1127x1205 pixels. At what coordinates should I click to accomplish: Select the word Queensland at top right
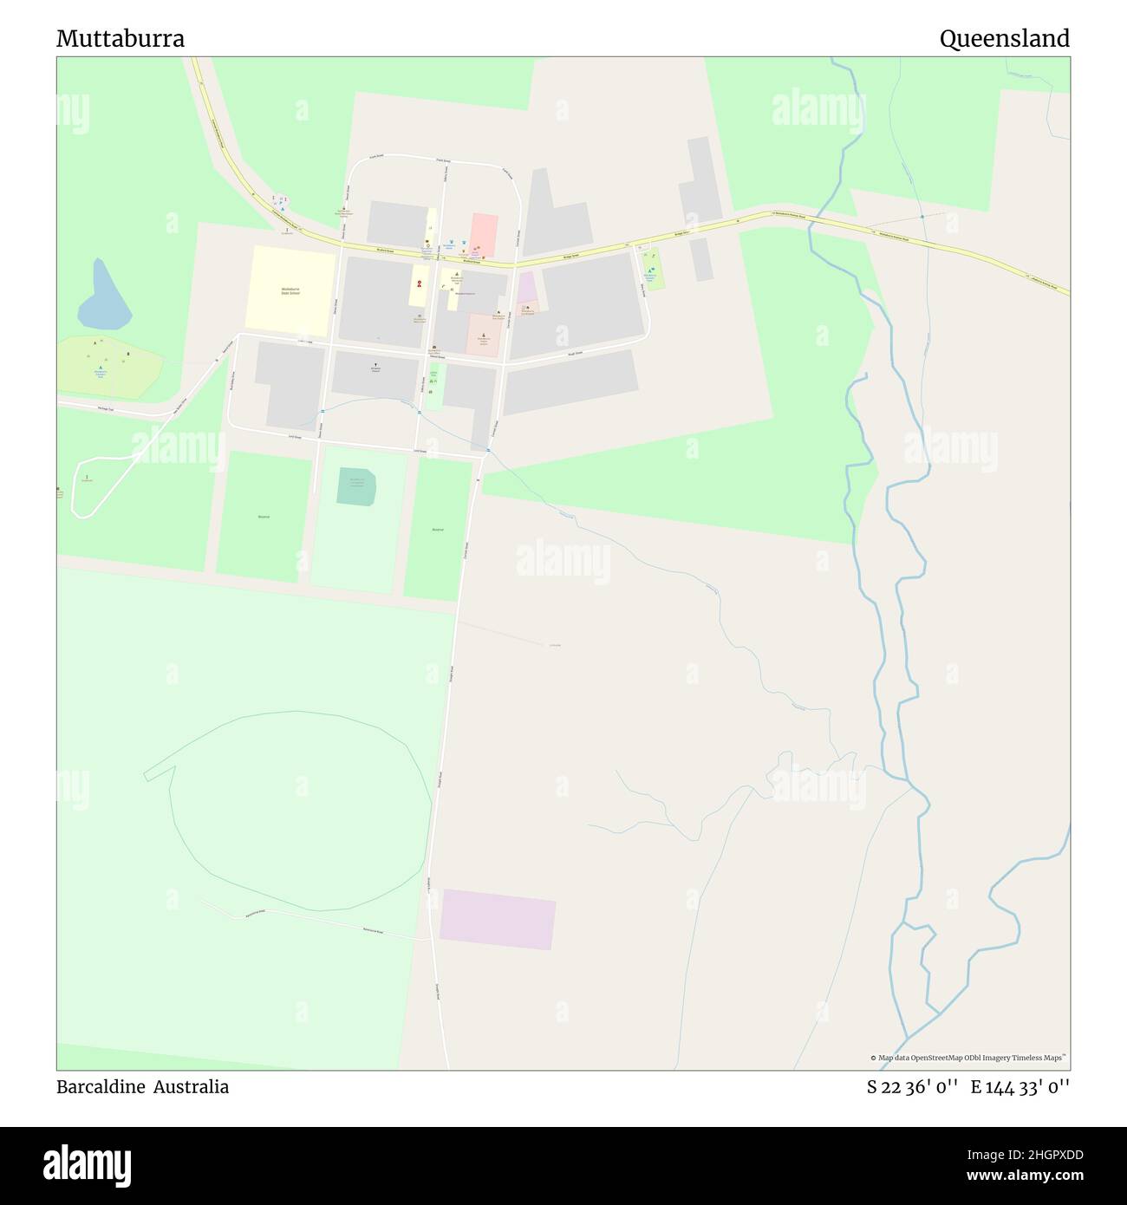pos(1004,39)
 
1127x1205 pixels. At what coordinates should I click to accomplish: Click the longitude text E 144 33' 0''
pos(1020,1087)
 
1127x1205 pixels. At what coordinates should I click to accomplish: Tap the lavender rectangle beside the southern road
pos(497,919)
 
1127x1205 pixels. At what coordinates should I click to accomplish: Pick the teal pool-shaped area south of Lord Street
pos(357,486)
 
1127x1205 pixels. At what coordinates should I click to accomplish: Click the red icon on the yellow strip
pos(420,283)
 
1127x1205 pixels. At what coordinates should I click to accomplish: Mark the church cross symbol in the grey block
pos(375,366)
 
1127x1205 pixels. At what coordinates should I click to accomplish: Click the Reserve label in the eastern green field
pos(437,529)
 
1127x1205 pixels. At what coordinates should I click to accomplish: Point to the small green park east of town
pos(655,270)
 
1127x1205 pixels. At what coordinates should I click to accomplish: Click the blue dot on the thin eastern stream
pos(922,216)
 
